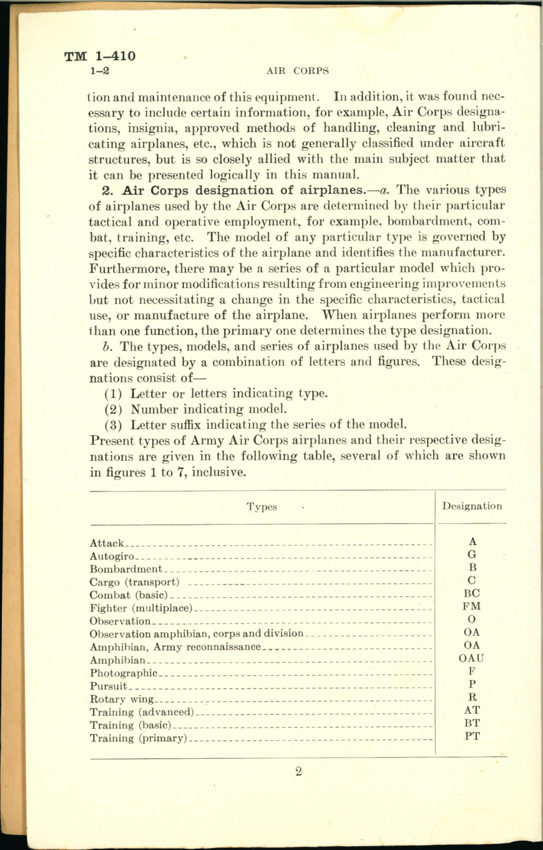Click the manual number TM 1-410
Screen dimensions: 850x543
[100, 57]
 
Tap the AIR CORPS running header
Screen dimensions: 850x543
[297, 71]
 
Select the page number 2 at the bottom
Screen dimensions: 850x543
[298, 771]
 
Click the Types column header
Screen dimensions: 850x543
[262, 507]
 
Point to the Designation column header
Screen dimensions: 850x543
[472, 507]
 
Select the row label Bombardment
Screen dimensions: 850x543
[125, 569]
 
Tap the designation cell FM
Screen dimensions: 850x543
[472, 606]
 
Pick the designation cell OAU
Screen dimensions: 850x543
[472, 658]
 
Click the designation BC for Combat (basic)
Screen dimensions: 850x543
[472, 593]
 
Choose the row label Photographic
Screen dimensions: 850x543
[123, 673]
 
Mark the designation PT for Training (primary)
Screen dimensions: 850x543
[472, 736]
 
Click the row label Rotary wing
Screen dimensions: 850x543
[121, 699]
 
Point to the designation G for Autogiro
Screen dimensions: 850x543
[472, 555]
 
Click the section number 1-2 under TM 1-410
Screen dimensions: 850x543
[100, 71]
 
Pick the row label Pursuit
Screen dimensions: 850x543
[109, 686]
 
